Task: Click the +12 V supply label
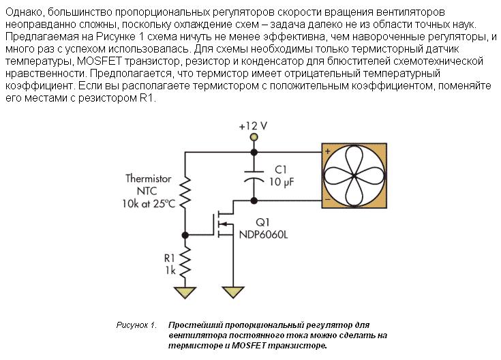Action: pyautogui.click(x=253, y=126)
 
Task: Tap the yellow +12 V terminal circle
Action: pyautogui.click(x=254, y=138)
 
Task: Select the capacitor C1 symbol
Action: pyautogui.click(x=254, y=177)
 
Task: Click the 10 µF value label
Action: pyautogui.click(x=281, y=182)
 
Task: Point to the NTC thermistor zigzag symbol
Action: pyautogui.click(x=185, y=192)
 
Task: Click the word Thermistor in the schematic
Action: pyautogui.click(x=149, y=179)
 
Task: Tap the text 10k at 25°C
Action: pyautogui.click(x=149, y=204)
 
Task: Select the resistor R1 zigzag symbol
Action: pyautogui.click(x=185, y=262)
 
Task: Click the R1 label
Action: pyautogui.click(x=170, y=258)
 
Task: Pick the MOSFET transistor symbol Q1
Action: pyautogui.click(x=224, y=224)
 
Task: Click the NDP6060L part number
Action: pyautogui.click(x=263, y=235)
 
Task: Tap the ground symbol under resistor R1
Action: pyautogui.click(x=185, y=292)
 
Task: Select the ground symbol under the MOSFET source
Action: pyautogui.click(x=233, y=292)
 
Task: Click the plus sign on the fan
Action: pyautogui.click(x=327, y=151)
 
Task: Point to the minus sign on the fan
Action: pyautogui.click(x=327, y=200)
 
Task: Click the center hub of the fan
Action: pyautogui.click(x=354, y=176)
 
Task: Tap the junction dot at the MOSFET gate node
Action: pyautogui.click(x=185, y=235)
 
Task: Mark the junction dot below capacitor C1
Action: pyautogui.click(x=254, y=200)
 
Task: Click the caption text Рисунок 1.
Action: pyautogui.click(x=136, y=325)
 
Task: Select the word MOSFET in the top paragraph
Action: pyautogui.click(x=100, y=61)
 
